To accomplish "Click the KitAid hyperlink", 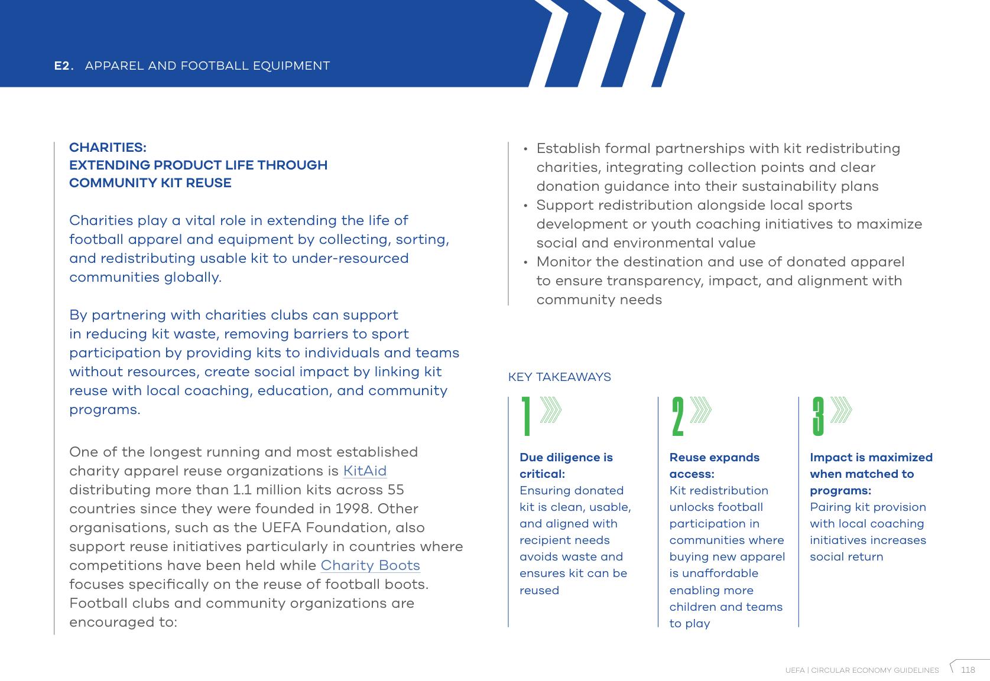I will pyautogui.click(x=365, y=471).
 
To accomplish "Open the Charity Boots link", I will pyautogui.click(x=370, y=566).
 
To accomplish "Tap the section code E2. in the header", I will pyautogui.click(x=64, y=66).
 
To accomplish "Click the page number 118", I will pyautogui.click(x=968, y=670).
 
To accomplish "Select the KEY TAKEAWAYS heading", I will pyautogui.click(x=559, y=377).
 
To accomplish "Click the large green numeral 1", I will pyautogui.click(x=526, y=417).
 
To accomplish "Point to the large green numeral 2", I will pyautogui.click(x=677, y=417).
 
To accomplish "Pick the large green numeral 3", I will pyautogui.click(x=818, y=417).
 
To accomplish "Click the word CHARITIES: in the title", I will pyautogui.click(x=108, y=147).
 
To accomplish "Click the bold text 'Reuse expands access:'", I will pyautogui.click(x=714, y=465).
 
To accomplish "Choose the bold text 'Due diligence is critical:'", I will pyautogui.click(x=566, y=465).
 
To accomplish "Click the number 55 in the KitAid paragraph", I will pyautogui.click(x=395, y=490).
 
